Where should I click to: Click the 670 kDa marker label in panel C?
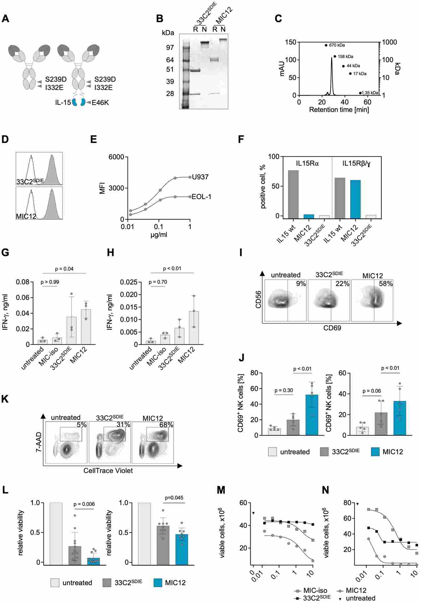(x=337, y=45)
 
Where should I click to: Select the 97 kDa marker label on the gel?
(x=170, y=48)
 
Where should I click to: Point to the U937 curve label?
(x=200, y=177)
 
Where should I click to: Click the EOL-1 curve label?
(x=201, y=197)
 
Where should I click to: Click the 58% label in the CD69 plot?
(x=386, y=284)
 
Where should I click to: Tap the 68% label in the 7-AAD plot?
(x=166, y=425)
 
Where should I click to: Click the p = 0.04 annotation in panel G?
(x=64, y=269)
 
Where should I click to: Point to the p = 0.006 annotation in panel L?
(x=84, y=504)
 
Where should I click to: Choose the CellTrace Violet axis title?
(x=108, y=470)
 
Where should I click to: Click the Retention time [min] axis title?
(x=339, y=110)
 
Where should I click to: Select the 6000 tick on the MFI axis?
(x=116, y=157)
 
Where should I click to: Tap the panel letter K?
(x=5, y=399)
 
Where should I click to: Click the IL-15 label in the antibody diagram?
(x=63, y=103)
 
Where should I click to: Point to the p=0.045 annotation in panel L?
(x=174, y=498)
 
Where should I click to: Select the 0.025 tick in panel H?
(x=129, y=282)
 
